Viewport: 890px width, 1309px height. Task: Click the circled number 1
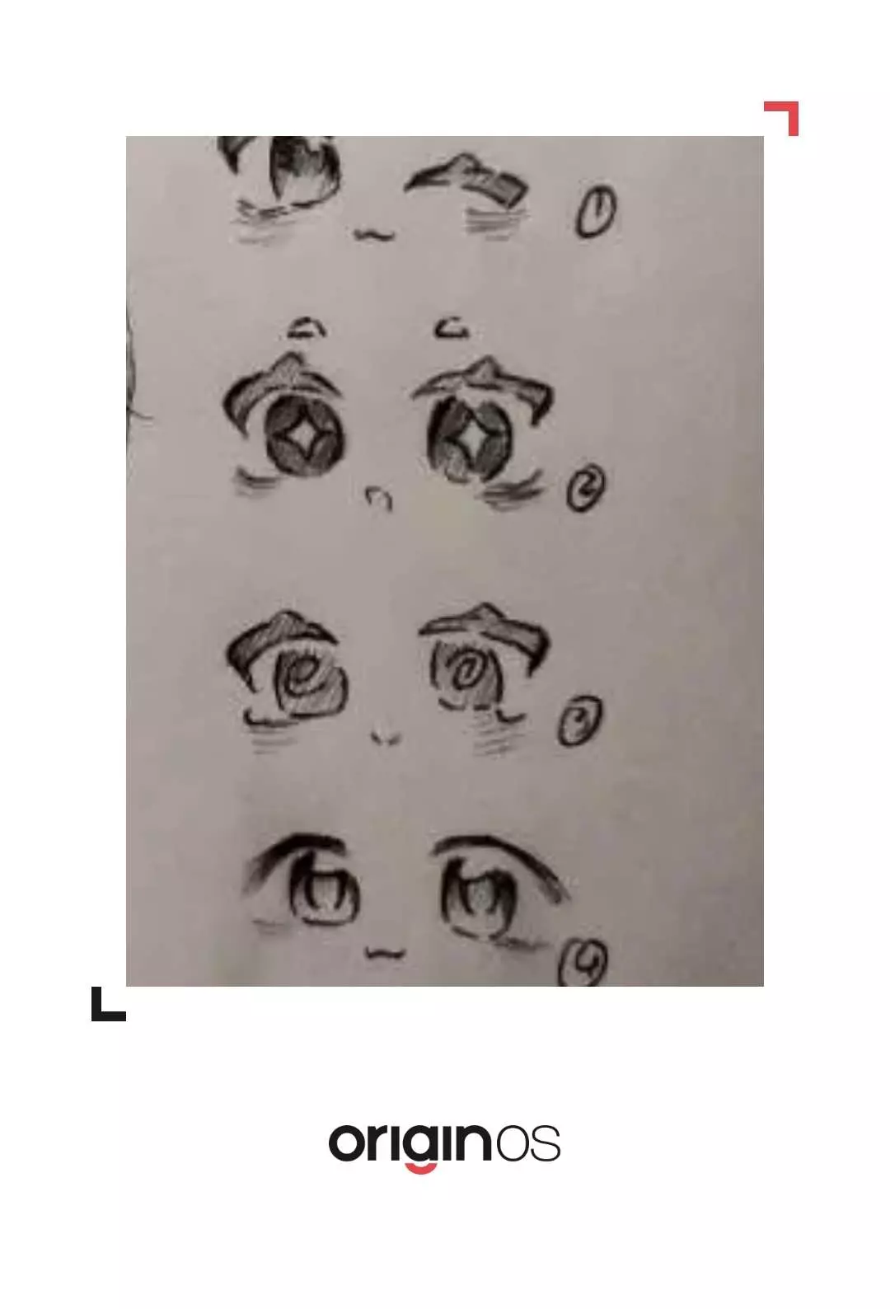[595, 211]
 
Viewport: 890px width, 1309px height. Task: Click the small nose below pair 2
[379, 497]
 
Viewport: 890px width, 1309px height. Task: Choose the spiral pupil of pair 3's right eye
[466, 670]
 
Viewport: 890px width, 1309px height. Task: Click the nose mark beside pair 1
[374, 234]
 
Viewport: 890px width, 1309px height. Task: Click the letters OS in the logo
[528, 1143]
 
